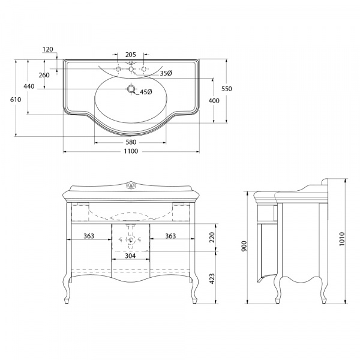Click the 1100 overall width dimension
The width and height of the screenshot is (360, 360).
[x=131, y=151]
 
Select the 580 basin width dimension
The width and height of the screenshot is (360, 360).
[x=131, y=142]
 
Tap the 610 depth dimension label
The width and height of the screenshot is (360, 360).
[x=16, y=100]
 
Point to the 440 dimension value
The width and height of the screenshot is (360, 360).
[x=29, y=86]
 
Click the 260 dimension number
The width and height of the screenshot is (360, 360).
[x=44, y=75]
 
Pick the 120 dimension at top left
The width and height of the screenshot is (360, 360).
[x=48, y=49]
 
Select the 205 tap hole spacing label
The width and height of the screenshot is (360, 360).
[x=131, y=55]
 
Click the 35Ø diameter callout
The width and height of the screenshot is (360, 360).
[x=166, y=73]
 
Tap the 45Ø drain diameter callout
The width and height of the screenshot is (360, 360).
[x=146, y=92]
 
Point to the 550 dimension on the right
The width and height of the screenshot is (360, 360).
[x=227, y=89]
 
